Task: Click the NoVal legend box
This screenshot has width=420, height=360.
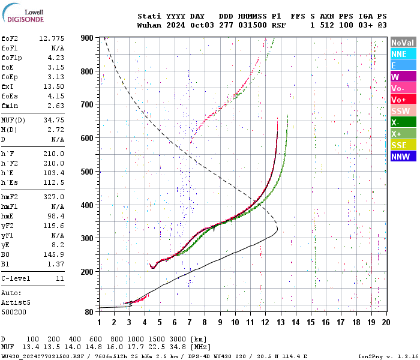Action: tap(403, 43)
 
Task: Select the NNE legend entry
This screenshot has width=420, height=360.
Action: tap(403, 54)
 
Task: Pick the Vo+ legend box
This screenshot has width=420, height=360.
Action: tap(403, 100)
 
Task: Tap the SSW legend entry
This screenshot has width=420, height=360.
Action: tap(403, 111)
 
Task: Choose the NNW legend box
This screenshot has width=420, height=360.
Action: tap(403, 157)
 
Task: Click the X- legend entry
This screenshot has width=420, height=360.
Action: tap(403, 122)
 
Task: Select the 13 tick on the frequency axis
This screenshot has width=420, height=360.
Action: tap(280, 322)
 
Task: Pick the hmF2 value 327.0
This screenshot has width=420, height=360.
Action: tap(53, 197)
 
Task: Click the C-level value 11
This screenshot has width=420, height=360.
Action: tap(60, 279)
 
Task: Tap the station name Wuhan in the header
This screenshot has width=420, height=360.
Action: tap(149, 26)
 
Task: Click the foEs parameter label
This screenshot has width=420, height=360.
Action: tap(11, 96)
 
